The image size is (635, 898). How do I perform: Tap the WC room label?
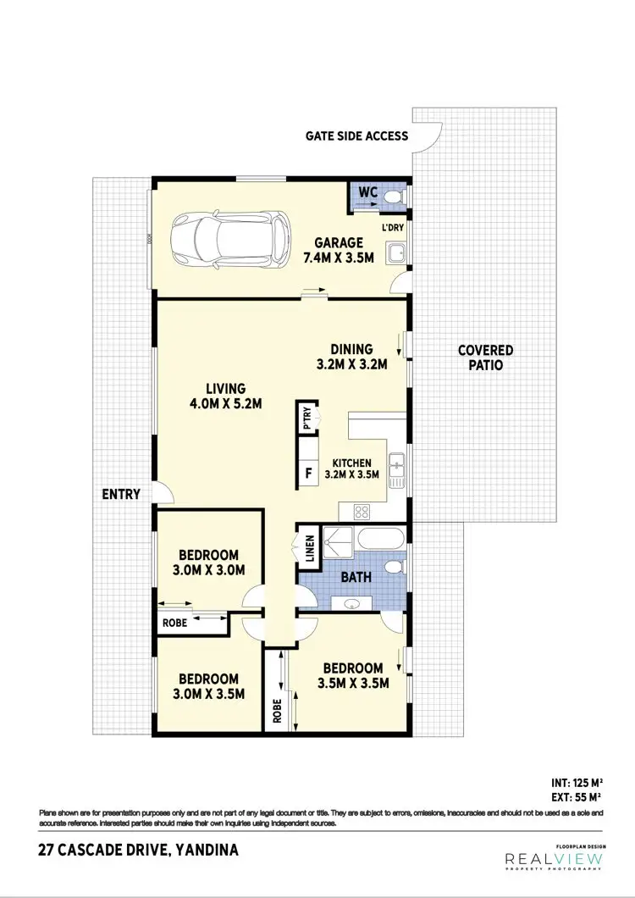click(367, 193)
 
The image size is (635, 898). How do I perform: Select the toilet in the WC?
click(393, 197)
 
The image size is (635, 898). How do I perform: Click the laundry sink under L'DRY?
click(395, 252)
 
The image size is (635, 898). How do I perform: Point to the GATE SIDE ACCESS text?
click(357, 136)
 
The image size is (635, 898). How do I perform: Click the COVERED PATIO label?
click(485, 358)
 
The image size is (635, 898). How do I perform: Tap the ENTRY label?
click(119, 494)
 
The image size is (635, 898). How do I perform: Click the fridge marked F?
click(308, 473)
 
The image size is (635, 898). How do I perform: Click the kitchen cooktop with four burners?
click(362, 511)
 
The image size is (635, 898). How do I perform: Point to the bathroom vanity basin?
click(353, 603)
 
